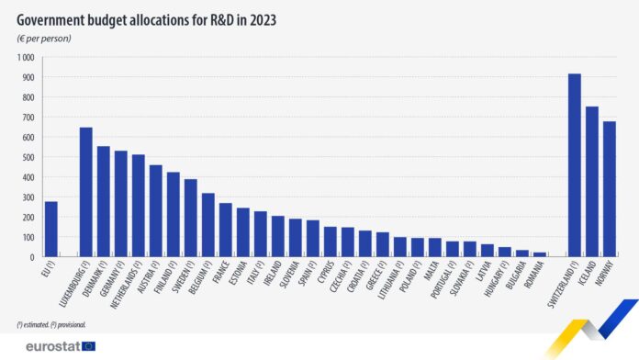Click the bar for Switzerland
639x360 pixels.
tap(575, 165)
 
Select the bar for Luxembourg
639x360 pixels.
tap(85, 192)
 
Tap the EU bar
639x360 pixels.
tap(50, 229)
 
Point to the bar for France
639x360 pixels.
tap(225, 230)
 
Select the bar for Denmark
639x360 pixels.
tap(103, 201)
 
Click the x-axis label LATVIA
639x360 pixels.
tap(483, 274)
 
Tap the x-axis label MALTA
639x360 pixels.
tap(432, 273)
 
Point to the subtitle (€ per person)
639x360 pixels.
tap(44, 38)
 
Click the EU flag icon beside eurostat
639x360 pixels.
tap(88, 346)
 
